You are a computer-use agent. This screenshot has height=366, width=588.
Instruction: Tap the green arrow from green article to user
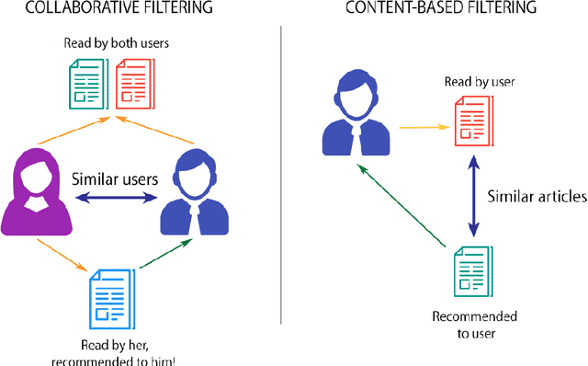tap(401, 206)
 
